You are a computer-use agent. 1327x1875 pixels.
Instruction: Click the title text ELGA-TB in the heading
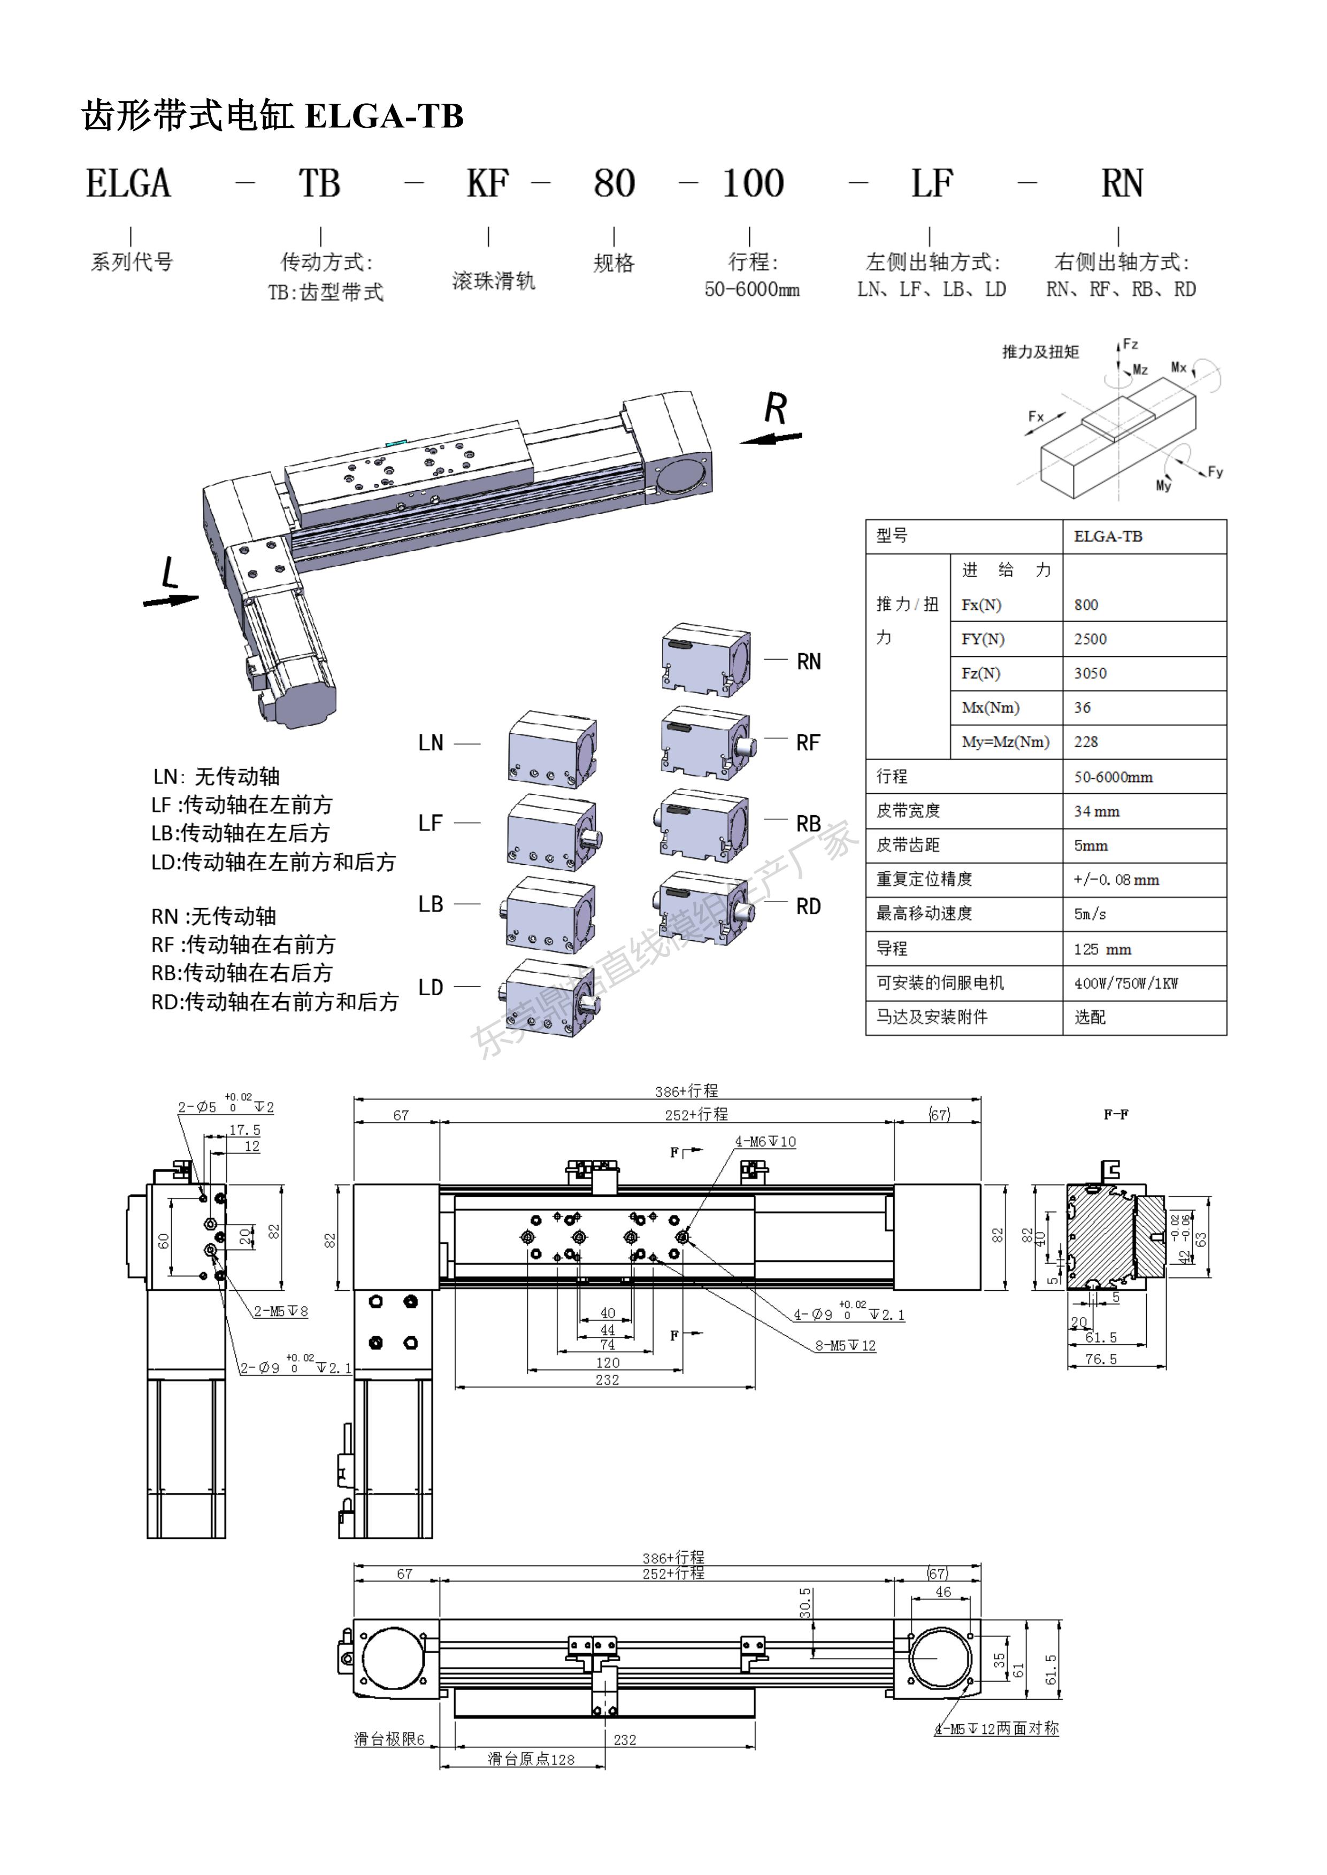384,116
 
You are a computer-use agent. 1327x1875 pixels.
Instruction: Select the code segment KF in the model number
488,184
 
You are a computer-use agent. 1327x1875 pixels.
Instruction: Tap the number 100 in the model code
753,184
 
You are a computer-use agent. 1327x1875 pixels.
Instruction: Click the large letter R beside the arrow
776,408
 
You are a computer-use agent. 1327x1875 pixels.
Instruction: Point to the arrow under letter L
171,600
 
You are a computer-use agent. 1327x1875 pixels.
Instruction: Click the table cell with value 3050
1090,673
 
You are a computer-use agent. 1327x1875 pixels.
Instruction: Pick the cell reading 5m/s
1090,914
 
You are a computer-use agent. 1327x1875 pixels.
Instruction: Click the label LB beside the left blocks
431,904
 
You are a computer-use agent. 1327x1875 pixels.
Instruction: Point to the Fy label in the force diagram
1215,472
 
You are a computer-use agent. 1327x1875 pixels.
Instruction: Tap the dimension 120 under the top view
607,1362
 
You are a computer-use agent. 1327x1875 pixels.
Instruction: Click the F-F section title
1116,1114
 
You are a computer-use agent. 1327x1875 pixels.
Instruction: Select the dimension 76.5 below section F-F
1101,1359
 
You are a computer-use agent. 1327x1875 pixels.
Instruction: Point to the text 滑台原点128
531,1759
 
